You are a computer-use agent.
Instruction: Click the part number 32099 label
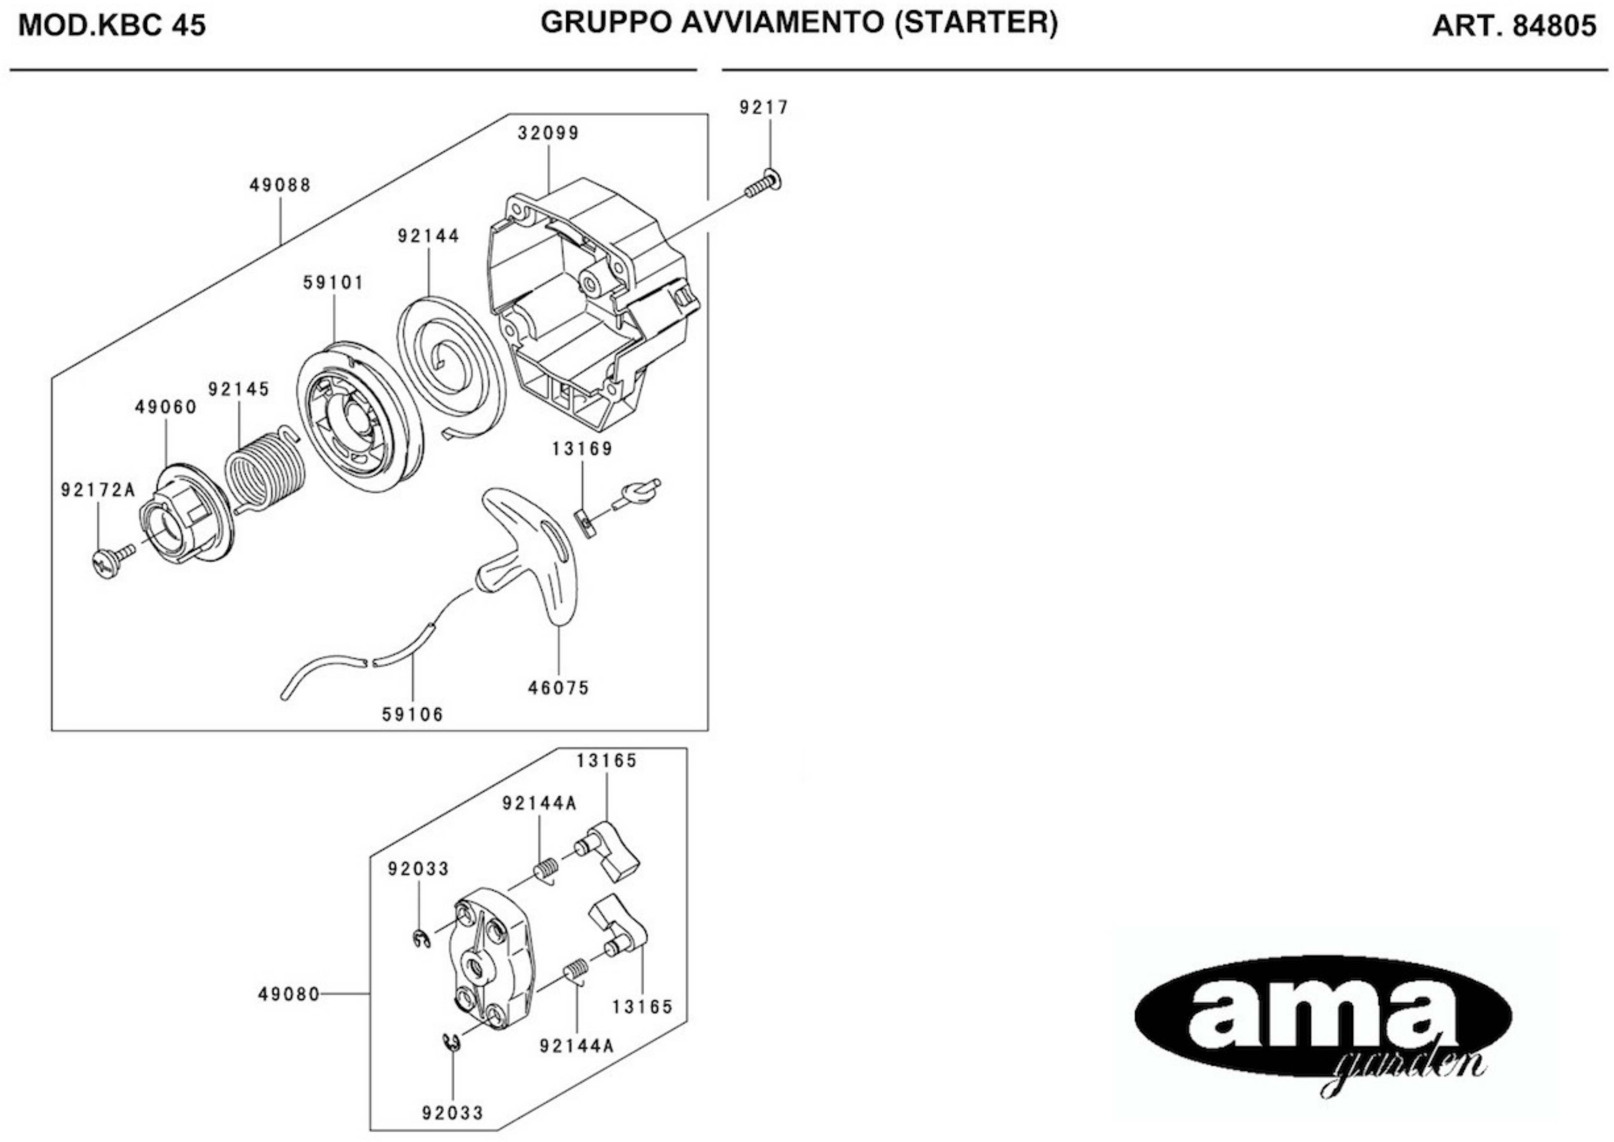(x=548, y=133)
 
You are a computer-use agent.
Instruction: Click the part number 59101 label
(x=333, y=283)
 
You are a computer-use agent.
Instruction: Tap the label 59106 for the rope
(x=413, y=714)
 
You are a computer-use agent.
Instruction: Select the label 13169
(x=582, y=449)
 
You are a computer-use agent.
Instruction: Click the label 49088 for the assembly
(x=280, y=185)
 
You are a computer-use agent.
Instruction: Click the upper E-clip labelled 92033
(x=421, y=939)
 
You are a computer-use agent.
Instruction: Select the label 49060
(x=166, y=407)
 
